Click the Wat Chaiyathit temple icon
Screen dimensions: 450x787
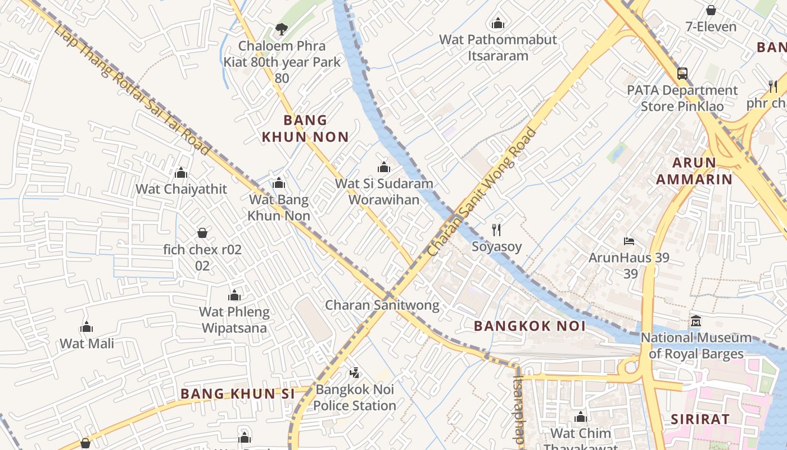(181, 173)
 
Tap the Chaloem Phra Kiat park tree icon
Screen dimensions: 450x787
(282, 29)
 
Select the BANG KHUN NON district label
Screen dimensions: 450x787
(305, 128)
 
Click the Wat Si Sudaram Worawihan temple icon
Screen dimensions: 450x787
(384, 167)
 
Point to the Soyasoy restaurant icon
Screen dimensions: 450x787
(496, 229)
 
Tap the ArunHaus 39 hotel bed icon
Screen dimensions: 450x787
(629, 241)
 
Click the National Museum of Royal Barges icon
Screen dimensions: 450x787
(696, 321)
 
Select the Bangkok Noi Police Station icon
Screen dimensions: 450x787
(354, 372)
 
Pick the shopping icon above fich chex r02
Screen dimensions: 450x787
(202, 233)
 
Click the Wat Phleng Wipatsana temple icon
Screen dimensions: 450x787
(234, 295)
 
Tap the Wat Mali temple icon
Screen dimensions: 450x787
(87, 327)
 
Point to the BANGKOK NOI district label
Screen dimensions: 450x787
(530, 326)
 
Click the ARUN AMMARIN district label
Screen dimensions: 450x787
(702, 171)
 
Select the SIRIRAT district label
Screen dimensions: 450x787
(700, 420)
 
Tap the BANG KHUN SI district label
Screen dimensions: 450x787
(237, 394)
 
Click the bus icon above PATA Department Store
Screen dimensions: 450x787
(682, 74)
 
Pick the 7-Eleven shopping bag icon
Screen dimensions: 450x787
(711, 10)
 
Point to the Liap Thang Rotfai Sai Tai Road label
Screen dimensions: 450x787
(133, 90)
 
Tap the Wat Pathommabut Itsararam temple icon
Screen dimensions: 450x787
(497, 24)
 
